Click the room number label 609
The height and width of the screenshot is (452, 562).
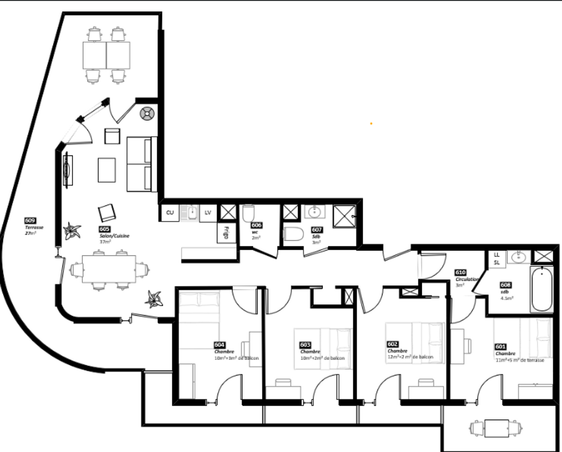point(30,221)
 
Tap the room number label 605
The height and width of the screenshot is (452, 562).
point(105,229)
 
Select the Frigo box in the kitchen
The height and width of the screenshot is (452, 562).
point(226,233)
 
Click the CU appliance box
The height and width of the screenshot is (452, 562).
point(170,213)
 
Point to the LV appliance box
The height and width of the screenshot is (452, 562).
point(208,213)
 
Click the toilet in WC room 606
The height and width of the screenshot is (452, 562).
point(249,213)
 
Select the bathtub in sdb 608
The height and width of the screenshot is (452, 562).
point(542,289)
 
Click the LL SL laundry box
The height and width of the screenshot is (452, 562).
point(497,259)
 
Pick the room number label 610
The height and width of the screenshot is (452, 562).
point(460,272)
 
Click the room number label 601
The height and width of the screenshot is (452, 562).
point(501,347)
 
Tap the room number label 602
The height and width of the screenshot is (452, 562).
point(392,344)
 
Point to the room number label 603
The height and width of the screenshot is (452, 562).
point(305,345)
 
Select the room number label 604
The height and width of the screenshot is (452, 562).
point(220,345)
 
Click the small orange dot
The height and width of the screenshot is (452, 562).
point(371,124)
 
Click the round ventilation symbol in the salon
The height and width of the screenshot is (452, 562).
point(147,114)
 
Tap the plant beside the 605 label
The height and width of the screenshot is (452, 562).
point(72,231)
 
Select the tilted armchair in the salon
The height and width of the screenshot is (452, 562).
point(107,213)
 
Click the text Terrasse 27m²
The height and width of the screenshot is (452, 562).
point(34,230)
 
